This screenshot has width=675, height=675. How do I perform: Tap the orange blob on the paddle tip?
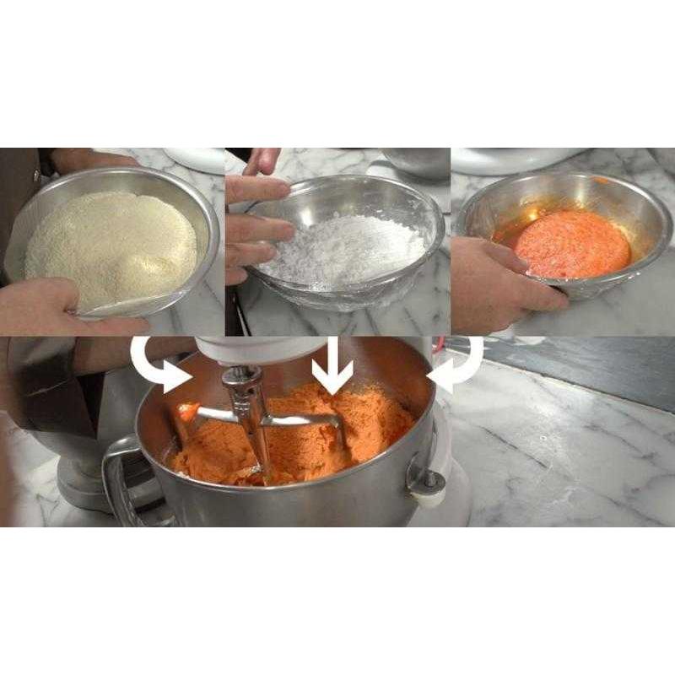187,412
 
